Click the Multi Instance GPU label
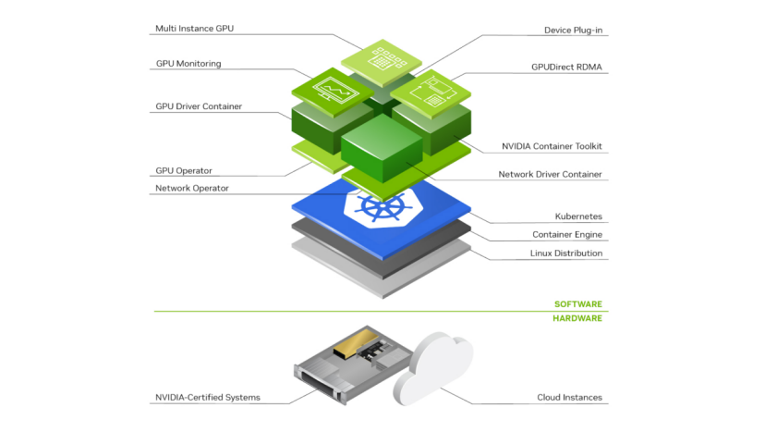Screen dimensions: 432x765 (x=194, y=29)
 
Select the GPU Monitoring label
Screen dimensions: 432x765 (x=188, y=64)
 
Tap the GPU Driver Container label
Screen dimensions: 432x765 (x=199, y=106)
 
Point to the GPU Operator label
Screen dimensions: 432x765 (x=183, y=171)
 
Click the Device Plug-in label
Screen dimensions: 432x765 (x=575, y=31)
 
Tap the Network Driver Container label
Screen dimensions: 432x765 (x=550, y=174)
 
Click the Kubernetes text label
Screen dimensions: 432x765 (x=578, y=216)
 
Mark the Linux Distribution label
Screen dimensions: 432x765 (x=565, y=253)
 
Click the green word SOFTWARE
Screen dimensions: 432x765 (x=577, y=304)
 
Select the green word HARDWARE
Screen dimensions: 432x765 (x=577, y=318)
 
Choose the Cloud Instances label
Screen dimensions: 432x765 (x=569, y=398)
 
